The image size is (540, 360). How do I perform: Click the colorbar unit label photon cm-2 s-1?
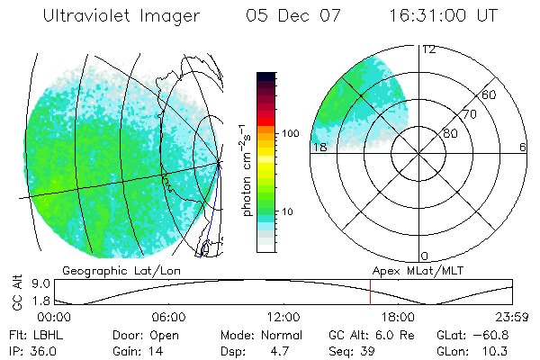pos(244,171)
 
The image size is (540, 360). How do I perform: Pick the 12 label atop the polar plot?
pos(429,49)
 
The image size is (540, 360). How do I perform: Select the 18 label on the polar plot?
pos(318,147)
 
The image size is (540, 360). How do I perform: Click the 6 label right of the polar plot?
pos(523,147)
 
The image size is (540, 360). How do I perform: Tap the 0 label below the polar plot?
pos(425,256)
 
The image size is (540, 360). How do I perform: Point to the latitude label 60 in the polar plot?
pos(490,94)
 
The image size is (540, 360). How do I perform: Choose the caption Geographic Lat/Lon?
pos(112,270)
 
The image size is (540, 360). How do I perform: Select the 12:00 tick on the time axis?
pos(283,317)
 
